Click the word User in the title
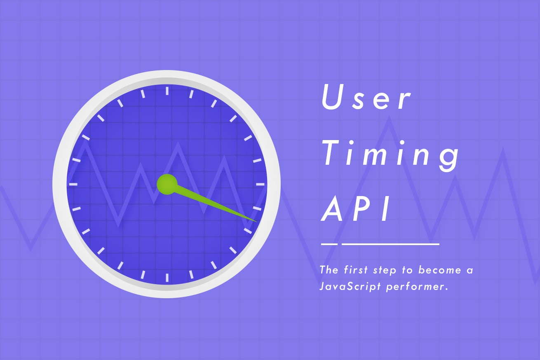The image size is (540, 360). [x=366, y=97]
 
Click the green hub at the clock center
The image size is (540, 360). [x=167, y=184]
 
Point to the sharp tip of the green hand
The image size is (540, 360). [x=257, y=222]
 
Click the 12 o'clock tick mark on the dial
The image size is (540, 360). [x=167, y=91]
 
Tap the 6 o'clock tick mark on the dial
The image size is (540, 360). [x=167, y=277]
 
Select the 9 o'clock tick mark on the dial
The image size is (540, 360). [x=73, y=185]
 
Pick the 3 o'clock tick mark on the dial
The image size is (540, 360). [x=260, y=185]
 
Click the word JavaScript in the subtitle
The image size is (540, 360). [x=350, y=287]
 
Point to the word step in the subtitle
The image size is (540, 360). [x=385, y=270]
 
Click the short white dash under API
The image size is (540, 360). [x=329, y=244]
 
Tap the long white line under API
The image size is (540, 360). [x=390, y=244]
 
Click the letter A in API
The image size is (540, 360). [x=332, y=208]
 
